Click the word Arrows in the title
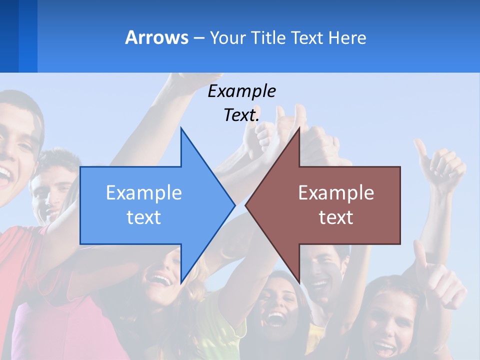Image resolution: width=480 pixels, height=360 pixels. click(156, 37)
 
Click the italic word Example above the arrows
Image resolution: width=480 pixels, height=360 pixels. click(241, 91)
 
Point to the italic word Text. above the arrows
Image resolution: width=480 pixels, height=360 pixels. click(241, 115)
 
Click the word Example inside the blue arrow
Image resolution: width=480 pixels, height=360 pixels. click(143, 192)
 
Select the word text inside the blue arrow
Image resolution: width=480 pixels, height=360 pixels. click(143, 217)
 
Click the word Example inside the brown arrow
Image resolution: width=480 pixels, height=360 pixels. click(336, 192)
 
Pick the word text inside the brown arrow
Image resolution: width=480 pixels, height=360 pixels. click(336, 217)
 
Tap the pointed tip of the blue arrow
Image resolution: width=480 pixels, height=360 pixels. click(234, 205)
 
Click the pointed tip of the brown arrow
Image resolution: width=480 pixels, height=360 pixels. click(246, 205)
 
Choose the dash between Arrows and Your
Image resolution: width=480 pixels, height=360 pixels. click(199, 38)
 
